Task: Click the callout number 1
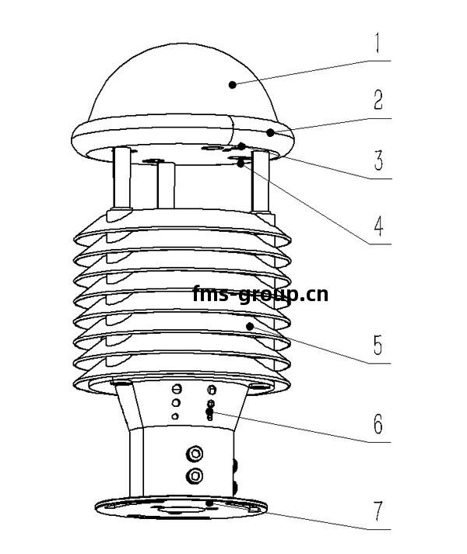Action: [377, 43]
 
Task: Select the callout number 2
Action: [378, 100]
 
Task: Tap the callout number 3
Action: [378, 160]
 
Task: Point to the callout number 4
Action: [378, 226]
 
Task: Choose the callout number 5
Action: [378, 345]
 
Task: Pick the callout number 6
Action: [378, 423]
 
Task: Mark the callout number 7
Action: [378, 511]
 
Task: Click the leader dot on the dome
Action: [232, 85]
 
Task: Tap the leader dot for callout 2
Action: [270, 133]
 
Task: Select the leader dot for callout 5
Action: [250, 327]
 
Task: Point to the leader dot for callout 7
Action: [209, 503]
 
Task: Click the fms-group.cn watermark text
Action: [261, 294]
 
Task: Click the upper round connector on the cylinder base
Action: [195, 454]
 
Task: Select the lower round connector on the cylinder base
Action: [195, 475]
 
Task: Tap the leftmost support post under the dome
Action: [122, 177]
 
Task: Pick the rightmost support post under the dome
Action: [261, 181]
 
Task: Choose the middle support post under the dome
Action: [166, 184]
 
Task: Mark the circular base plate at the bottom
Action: [181, 507]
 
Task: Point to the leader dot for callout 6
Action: [209, 412]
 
